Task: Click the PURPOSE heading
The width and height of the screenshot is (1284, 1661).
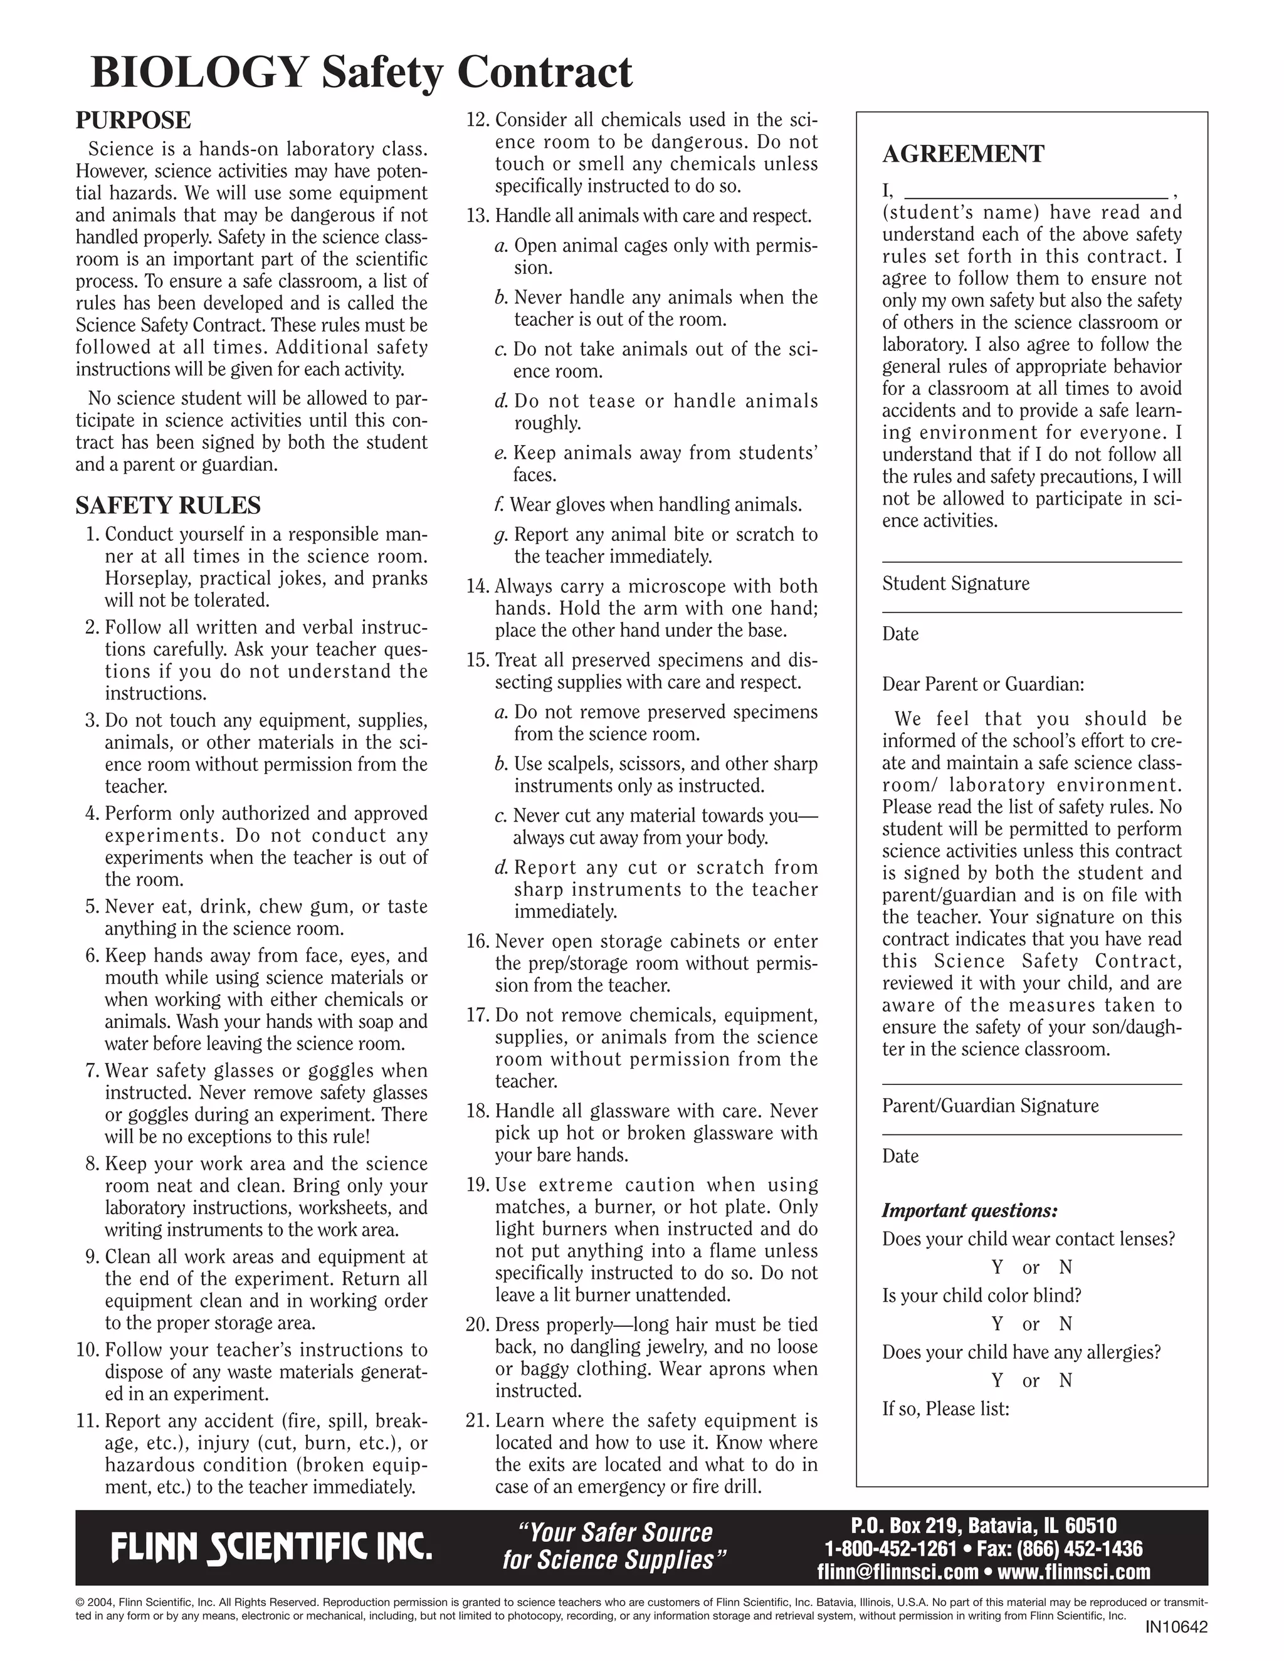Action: (x=133, y=120)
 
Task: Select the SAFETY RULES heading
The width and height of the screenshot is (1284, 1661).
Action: (x=167, y=505)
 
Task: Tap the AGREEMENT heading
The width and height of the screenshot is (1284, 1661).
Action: (x=963, y=154)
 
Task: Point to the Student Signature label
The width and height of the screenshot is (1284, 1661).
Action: (x=955, y=584)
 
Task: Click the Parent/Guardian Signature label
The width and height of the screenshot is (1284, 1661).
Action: (x=989, y=1106)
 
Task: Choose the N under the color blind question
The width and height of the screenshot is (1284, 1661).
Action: (x=1065, y=1324)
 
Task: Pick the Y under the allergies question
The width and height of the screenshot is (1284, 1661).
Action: (x=997, y=1380)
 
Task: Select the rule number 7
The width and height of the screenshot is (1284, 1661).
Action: (x=93, y=1071)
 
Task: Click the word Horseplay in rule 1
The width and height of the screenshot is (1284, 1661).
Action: (x=147, y=578)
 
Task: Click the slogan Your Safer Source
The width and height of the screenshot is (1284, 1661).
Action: (x=614, y=1532)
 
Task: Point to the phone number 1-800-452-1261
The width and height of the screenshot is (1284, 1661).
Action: (x=890, y=1548)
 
